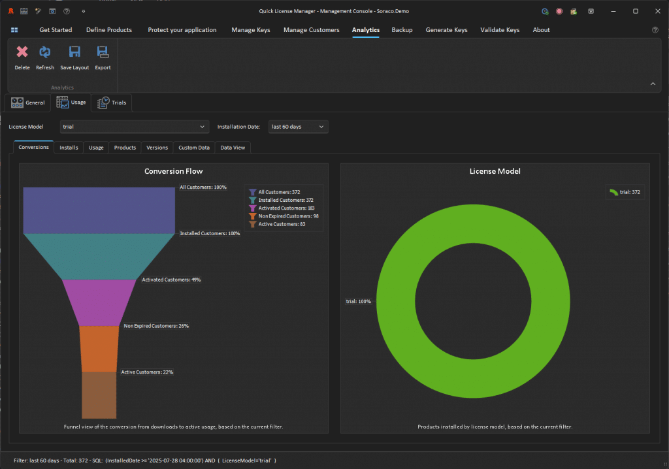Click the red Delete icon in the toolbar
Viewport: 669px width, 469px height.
pyautogui.click(x=22, y=52)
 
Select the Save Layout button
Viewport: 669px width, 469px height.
pyautogui.click(x=74, y=58)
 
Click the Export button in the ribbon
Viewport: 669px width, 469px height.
pyautogui.click(x=103, y=58)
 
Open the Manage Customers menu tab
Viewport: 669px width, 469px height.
pyautogui.click(x=312, y=30)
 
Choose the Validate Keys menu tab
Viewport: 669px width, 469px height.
pyautogui.click(x=500, y=30)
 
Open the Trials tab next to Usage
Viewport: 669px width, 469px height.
pyautogui.click(x=112, y=103)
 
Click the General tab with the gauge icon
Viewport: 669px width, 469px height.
pyautogui.click(x=27, y=103)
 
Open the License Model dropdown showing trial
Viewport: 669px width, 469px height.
pyautogui.click(x=135, y=127)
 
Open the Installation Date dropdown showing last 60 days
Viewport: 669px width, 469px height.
pyautogui.click(x=298, y=127)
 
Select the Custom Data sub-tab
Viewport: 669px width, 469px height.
pyautogui.click(x=194, y=148)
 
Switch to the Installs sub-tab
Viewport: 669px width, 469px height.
pyautogui.click(x=69, y=148)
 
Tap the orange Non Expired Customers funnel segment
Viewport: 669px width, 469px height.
pyautogui.click(x=99, y=349)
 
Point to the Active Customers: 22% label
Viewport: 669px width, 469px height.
pyautogui.click(x=147, y=372)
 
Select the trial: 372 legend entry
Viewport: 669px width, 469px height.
pyautogui.click(x=625, y=192)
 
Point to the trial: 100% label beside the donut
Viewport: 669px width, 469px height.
pyautogui.click(x=359, y=301)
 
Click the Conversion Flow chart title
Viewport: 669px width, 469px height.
pyautogui.click(x=174, y=171)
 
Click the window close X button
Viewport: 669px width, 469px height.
pyautogui.click(x=657, y=11)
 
